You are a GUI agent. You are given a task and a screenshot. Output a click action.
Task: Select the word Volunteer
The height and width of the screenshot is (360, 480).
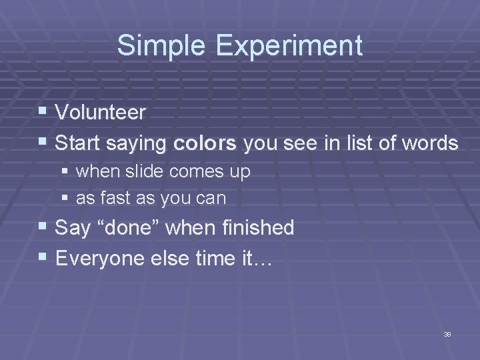tap(101, 113)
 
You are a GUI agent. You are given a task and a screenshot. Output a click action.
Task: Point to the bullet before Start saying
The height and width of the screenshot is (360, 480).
tap(44, 143)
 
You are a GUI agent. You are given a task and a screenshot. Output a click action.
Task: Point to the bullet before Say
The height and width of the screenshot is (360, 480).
tap(44, 228)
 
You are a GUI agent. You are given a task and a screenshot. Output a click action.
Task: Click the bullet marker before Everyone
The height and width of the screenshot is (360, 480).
tap(44, 257)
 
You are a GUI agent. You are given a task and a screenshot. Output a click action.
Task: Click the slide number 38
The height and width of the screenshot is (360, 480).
tap(447, 334)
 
